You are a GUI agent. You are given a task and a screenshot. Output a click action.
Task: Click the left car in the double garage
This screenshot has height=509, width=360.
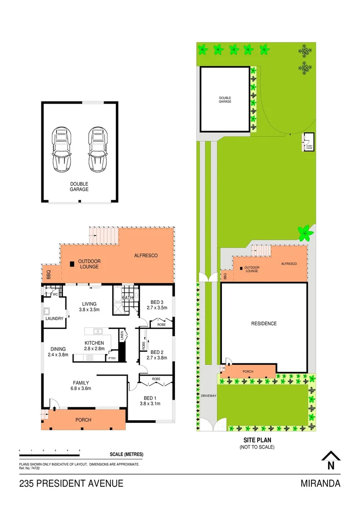pos(62,148)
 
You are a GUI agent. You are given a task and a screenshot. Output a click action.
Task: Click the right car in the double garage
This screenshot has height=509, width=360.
pos(98,148)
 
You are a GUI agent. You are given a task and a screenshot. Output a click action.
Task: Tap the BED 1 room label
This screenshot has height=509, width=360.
pos(150,397)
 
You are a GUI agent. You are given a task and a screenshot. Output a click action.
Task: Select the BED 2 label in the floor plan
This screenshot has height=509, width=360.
pos(156,352)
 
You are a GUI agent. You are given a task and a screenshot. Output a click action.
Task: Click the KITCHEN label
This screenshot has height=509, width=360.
pos(94,343)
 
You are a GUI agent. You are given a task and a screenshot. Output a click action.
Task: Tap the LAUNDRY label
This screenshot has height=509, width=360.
pos(55,319)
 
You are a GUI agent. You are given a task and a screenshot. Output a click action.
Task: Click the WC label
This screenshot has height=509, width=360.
pos(55,295)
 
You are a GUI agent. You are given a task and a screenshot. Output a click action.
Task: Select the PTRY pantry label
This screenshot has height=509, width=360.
pos(112,358)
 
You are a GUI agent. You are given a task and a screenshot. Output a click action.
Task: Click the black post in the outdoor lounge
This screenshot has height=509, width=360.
pos(72,264)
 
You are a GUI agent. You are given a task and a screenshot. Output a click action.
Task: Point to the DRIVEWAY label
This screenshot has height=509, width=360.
pos(208,396)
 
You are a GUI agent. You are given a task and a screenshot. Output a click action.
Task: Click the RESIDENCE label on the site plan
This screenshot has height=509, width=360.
pos(263,324)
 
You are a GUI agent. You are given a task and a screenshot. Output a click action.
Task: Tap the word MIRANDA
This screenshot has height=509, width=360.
pos(320,484)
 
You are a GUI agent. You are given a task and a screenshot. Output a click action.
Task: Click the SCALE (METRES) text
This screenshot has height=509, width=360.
pos(126,454)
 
